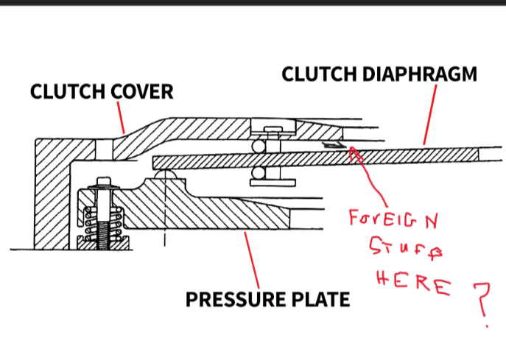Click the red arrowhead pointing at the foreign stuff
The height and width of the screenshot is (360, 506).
[354, 151]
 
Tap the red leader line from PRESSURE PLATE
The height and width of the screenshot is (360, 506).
[251, 258]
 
